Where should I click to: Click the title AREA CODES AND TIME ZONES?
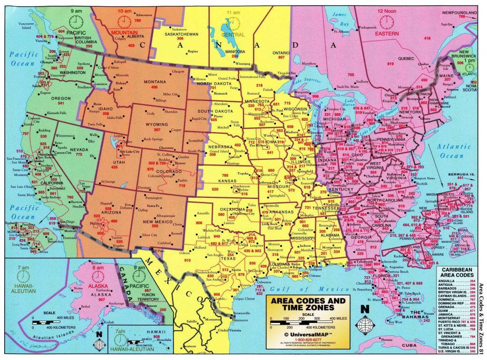(308, 304)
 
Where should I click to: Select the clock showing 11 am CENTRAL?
(233, 22)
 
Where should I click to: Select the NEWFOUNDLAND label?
(459, 12)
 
